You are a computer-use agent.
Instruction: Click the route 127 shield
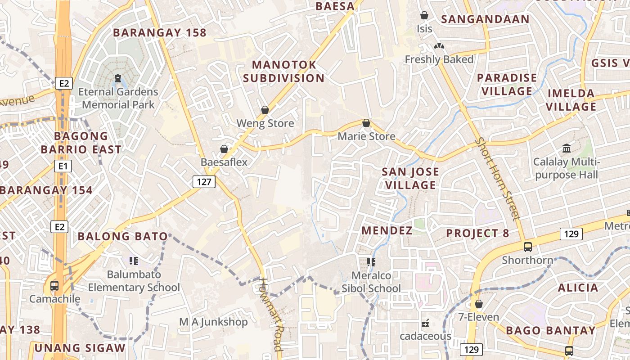204,182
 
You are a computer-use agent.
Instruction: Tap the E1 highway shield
63,166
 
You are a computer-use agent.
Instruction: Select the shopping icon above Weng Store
265,110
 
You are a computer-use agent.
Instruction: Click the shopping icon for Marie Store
366,123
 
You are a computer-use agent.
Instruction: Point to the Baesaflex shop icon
224,149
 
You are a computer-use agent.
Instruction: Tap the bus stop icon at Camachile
54,285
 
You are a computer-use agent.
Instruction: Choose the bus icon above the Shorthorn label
527,247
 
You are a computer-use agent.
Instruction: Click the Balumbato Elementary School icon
133,261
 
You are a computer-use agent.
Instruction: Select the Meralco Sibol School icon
371,262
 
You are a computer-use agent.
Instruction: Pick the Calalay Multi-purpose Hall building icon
567,148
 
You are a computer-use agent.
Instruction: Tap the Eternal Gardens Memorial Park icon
118,79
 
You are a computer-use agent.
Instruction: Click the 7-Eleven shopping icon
479,304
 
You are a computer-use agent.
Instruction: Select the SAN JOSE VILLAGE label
410,178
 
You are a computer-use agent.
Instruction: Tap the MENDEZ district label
387,231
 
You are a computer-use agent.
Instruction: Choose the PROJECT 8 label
477,233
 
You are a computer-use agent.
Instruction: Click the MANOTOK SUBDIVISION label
283,71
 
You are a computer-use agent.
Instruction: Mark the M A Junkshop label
213,322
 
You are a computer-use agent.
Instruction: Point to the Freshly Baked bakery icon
439,46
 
